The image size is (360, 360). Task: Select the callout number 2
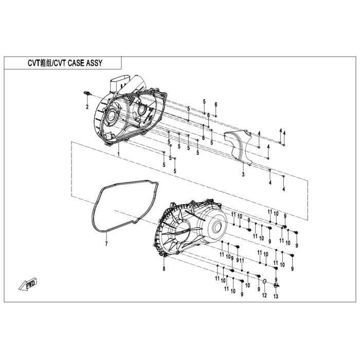click(x=87, y=107)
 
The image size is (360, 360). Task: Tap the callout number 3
click(x=243, y=174)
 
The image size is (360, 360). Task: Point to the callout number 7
click(x=106, y=244)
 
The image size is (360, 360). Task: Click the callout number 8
click(x=164, y=268)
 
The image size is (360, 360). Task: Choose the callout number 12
click(x=264, y=295)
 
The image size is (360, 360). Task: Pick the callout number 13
click(x=276, y=296)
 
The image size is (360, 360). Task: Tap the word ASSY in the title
click(x=94, y=63)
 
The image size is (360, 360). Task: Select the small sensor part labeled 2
click(x=87, y=93)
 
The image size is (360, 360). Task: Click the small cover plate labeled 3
click(x=238, y=147)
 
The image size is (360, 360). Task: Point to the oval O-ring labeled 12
click(x=264, y=281)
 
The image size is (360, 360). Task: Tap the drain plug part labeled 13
click(x=276, y=285)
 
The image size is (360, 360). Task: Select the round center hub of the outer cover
click(x=216, y=228)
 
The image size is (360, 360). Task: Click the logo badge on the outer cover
click(x=183, y=231)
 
